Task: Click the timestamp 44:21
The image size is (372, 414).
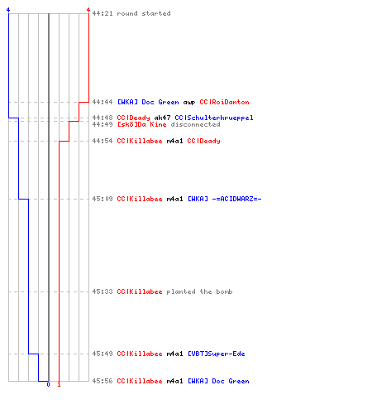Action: tap(103, 13)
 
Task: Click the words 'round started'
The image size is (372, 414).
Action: tap(144, 13)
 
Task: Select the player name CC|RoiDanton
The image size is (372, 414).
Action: tap(224, 102)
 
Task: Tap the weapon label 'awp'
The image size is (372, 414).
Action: tap(189, 103)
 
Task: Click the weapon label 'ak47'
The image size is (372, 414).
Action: tap(162, 118)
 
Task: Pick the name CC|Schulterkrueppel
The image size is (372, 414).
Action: tap(214, 118)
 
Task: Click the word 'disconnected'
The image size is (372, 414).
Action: tap(195, 124)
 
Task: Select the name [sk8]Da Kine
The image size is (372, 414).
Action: tap(141, 124)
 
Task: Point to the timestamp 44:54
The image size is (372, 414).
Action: tap(103, 141)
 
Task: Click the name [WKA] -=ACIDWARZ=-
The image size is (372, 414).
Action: tap(225, 199)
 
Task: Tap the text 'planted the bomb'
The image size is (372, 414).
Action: tap(199, 291)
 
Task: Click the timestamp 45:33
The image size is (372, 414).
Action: tap(103, 291)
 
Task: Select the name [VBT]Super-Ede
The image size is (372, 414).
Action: tap(217, 354)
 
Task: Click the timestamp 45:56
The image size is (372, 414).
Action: tap(103, 381)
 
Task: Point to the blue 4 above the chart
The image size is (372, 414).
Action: tap(8, 10)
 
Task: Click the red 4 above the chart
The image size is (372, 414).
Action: tap(88, 10)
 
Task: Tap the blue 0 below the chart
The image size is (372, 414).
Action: tap(48, 384)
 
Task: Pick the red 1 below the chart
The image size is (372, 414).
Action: tap(59, 384)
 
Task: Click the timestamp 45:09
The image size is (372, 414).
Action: tap(103, 199)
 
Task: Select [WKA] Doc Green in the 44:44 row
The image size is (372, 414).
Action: tap(148, 102)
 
